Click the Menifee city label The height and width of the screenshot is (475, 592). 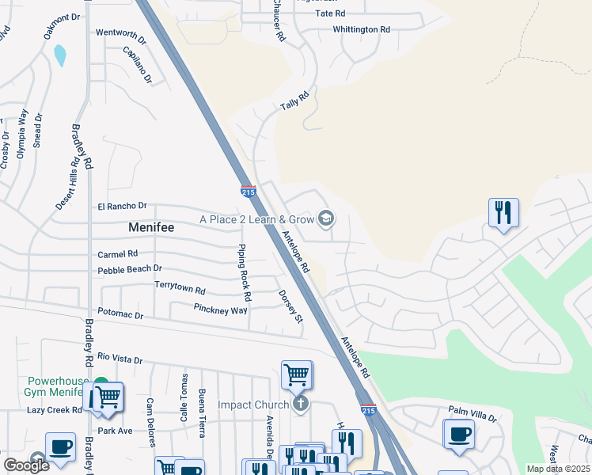(x=150, y=227)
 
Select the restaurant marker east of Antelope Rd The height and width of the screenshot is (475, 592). (x=503, y=213)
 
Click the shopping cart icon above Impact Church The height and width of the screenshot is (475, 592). (x=297, y=374)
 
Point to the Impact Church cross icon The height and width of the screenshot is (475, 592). (x=299, y=405)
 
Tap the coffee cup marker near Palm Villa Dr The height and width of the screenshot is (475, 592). (x=459, y=434)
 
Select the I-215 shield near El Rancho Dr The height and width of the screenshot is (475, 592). (x=248, y=191)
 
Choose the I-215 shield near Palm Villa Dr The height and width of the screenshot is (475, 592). (x=369, y=410)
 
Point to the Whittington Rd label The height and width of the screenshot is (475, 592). (x=362, y=29)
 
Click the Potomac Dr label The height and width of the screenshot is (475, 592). (x=120, y=314)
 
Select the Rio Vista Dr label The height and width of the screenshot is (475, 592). (x=120, y=359)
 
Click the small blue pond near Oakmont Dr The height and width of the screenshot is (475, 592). (x=59, y=55)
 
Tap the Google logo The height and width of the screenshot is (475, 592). (x=27, y=465)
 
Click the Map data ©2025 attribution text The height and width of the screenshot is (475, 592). (x=558, y=469)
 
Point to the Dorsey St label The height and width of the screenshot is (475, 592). (x=290, y=306)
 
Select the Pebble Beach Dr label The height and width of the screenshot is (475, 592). (x=130, y=269)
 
